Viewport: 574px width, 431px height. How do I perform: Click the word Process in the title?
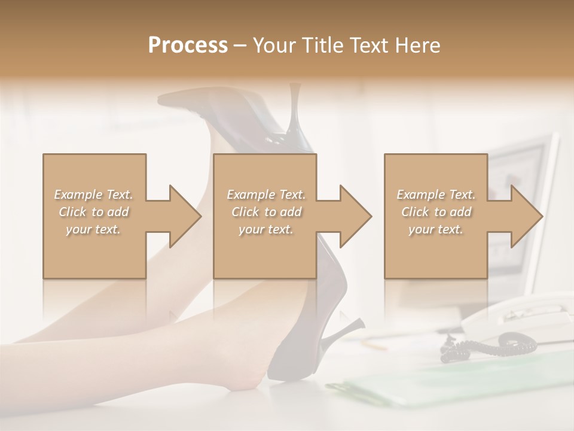pos(188,45)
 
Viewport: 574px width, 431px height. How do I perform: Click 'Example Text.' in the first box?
pos(94,195)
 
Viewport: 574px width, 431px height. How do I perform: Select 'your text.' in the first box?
pos(94,229)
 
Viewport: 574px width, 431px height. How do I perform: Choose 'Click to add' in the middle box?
pos(266,212)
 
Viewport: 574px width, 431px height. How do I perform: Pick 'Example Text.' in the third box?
pos(436,195)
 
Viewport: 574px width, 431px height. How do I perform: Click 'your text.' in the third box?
pos(436,229)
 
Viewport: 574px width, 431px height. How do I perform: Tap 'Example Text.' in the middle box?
pos(266,195)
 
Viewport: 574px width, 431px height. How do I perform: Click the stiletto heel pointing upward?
pos(295,114)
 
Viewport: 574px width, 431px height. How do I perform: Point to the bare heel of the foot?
pos(254,374)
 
